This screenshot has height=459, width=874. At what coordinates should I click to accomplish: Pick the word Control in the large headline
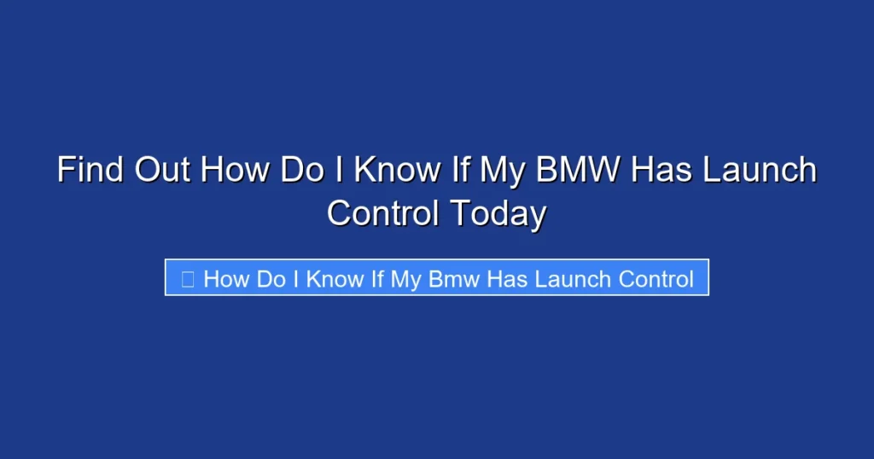click(382, 212)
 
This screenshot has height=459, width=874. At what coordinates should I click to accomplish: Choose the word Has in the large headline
click(666, 170)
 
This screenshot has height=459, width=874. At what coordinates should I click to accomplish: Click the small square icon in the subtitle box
click(188, 278)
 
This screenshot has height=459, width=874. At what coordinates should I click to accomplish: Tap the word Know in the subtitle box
click(335, 278)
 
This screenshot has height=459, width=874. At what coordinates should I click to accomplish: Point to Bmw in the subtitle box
click(453, 278)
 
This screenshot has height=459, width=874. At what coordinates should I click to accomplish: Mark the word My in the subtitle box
click(405, 278)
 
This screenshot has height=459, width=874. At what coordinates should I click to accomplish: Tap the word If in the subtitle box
click(377, 278)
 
